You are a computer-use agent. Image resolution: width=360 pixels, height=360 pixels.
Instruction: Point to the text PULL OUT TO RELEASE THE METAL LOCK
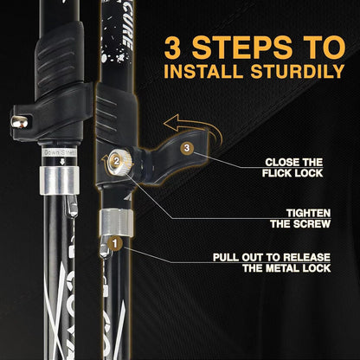(278, 262)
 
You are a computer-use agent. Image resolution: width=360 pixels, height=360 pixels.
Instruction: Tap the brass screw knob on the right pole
(124, 161)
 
